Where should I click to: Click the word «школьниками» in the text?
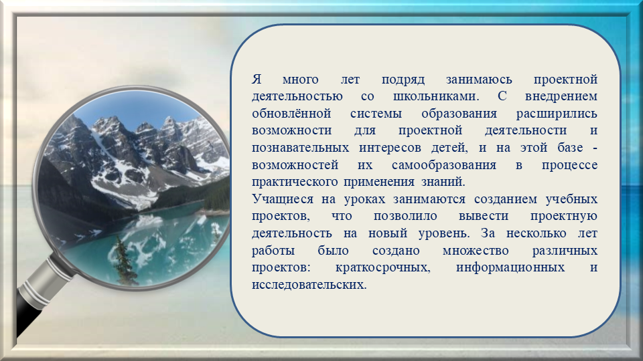pyautogui.click(x=435, y=96)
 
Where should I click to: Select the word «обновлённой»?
pyautogui.click(x=291, y=114)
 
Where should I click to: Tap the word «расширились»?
pyautogui.click(x=557, y=114)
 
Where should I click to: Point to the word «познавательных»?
pyautogui.click(x=300, y=148)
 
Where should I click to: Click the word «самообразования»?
pyautogui.click(x=443, y=165)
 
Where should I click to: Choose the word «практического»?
pyautogui.click(x=295, y=182)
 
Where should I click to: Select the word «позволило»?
pyautogui.click(x=405, y=217)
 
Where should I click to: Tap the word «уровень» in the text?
pyautogui.click(x=444, y=234)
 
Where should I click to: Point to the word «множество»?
pyautogui.click(x=476, y=251)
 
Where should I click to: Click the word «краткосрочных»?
pyautogui.click(x=382, y=268)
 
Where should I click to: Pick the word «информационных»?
pyautogui.click(x=510, y=268)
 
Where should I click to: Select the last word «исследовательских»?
pyautogui.click(x=309, y=285)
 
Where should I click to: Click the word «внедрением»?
pyautogui.click(x=561, y=96)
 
